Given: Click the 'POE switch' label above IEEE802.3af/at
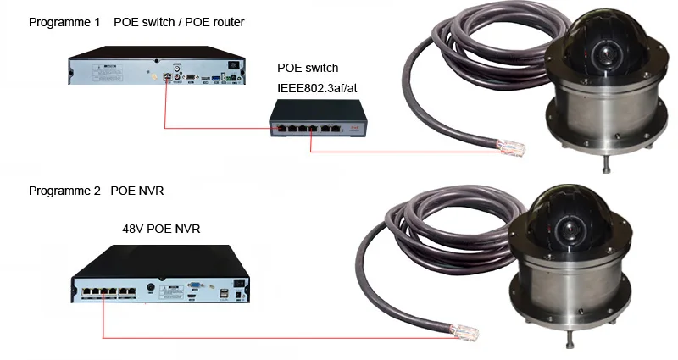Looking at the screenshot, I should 307,68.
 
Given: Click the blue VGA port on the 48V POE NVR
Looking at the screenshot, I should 193,285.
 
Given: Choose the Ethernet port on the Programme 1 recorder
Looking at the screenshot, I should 170,76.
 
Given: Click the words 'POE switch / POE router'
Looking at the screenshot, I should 179,22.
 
